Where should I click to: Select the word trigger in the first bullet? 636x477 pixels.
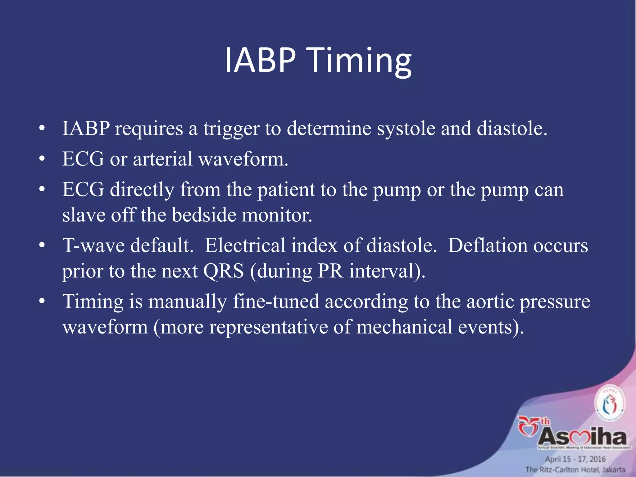(x=231, y=129)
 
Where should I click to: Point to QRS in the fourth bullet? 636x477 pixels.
(x=223, y=271)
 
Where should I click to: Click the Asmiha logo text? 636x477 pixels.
(x=582, y=437)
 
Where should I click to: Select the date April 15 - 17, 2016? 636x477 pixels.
(x=575, y=459)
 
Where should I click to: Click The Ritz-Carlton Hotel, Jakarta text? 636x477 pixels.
(x=575, y=470)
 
